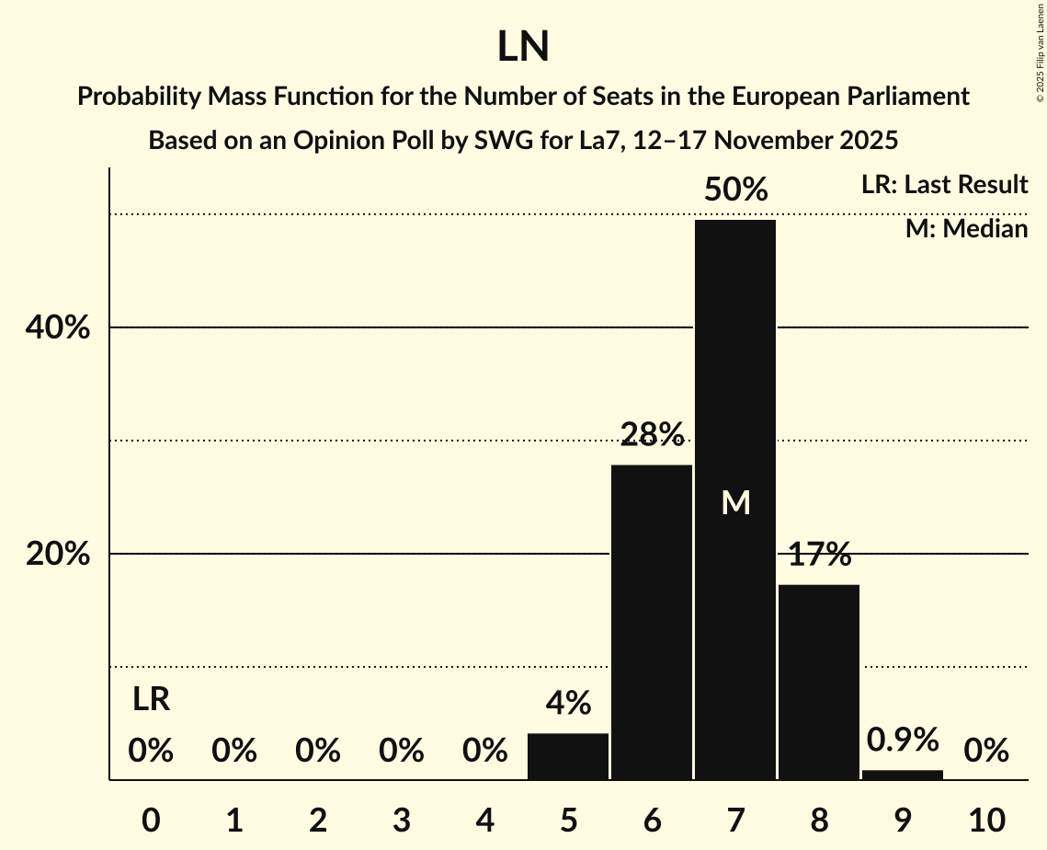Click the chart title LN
(523, 47)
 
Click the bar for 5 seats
(568, 756)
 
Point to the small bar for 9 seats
(903, 775)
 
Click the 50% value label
(735, 190)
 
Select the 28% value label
(652, 433)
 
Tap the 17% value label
(819, 554)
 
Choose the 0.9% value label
(903, 739)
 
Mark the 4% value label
(568, 704)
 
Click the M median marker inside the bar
(735, 502)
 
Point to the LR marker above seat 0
(151, 699)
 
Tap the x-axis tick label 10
(986, 819)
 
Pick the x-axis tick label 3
(401, 819)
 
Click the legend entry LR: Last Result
(944, 185)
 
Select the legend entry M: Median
(966, 228)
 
